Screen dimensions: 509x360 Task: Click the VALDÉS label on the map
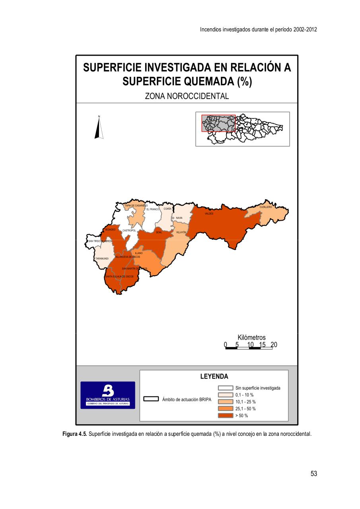point(209,214)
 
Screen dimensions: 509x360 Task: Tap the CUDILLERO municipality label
point(266,207)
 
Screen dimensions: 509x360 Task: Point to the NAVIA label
point(179,218)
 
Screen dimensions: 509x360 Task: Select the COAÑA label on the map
point(167,208)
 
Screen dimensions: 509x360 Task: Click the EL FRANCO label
point(153,209)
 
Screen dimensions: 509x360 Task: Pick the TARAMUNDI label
point(102,258)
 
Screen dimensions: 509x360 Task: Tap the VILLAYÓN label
point(181,232)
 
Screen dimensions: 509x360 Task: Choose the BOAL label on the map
point(159,232)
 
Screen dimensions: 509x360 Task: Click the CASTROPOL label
point(129,230)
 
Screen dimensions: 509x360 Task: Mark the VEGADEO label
point(110,229)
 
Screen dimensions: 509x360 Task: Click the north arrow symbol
point(99,127)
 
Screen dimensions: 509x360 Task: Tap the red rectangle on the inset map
point(218,123)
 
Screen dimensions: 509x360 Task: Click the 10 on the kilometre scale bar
point(251,344)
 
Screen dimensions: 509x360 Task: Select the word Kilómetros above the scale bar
point(252,338)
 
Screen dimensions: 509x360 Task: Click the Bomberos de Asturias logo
point(108,395)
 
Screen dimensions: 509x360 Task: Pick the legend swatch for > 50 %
point(225,416)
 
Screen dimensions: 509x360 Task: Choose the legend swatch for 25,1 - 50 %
point(225,408)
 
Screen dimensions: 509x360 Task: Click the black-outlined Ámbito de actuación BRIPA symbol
point(151,399)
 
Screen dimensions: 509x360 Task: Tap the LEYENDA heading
point(214,376)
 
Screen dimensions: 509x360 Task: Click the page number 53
point(314,474)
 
